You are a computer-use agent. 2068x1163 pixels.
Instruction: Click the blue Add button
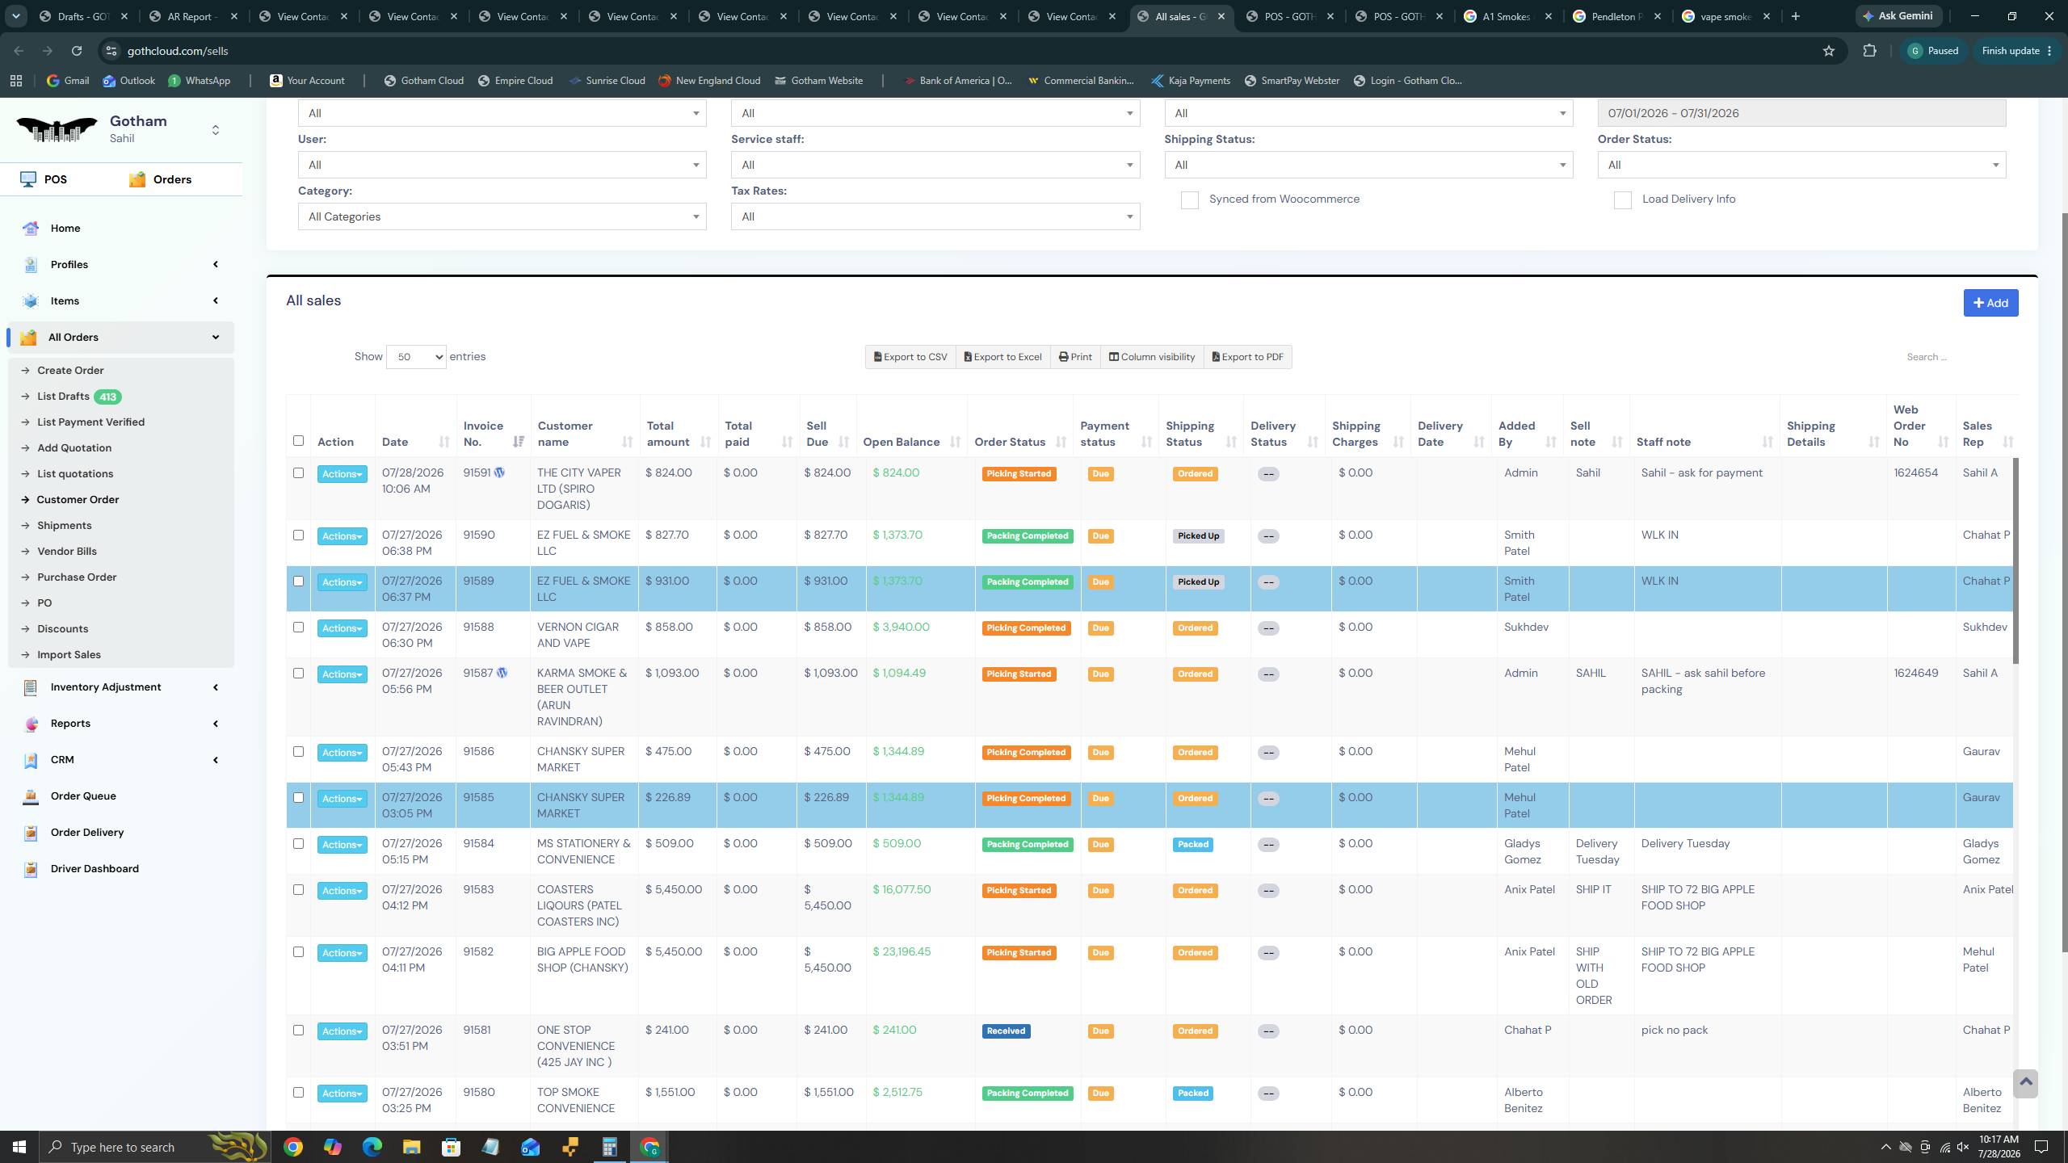tap(1990, 303)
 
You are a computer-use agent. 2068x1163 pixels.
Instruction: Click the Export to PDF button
tap(1248, 357)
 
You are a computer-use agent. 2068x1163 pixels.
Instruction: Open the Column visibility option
tap(1152, 357)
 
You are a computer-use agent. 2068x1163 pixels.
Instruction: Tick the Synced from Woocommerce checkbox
tap(1190, 200)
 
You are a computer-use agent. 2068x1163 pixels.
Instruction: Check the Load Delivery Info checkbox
tap(1623, 200)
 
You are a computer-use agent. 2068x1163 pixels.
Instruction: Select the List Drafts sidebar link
tap(63, 396)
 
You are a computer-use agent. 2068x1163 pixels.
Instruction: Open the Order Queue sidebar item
tap(83, 796)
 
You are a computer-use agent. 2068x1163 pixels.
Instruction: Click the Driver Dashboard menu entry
tap(95, 868)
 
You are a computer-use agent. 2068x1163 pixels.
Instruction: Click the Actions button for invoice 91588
tap(343, 628)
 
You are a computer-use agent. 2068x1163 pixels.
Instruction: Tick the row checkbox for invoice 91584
tap(298, 843)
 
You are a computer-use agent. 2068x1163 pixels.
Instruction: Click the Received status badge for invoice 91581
tap(1006, 1031)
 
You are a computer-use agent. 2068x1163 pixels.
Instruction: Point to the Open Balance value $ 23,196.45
tap(902, 951)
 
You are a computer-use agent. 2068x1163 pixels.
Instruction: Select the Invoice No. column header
tap(483, 434)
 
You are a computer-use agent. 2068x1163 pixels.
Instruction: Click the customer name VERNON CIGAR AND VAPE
tap(578, 635)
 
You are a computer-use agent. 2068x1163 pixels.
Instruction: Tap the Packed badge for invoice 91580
tap(1193, 1093)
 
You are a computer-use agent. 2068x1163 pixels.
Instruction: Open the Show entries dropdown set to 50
tap(416, 357)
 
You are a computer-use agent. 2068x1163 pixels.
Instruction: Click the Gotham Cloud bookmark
tap(424, 81)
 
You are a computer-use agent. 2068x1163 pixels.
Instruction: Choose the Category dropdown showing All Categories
tap(502, 216)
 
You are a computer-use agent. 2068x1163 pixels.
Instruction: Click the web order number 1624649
tap(1915, 673)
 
